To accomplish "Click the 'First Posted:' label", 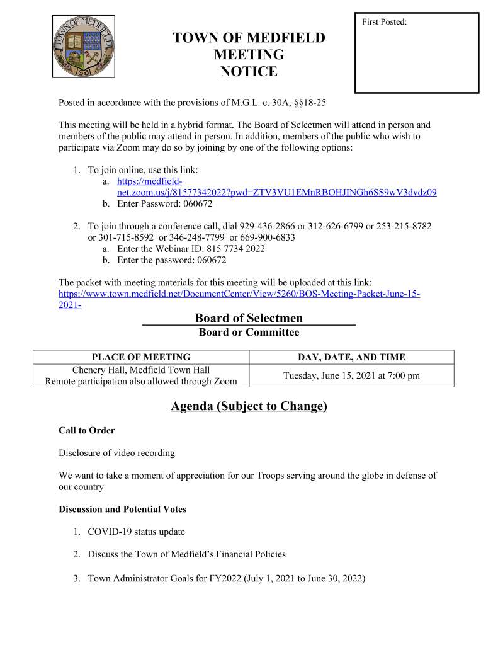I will tap(384, 23).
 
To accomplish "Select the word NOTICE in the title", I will tap(249, 72).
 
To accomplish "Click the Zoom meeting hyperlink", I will tap(277, 192).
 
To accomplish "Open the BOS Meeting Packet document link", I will tap(239, 294).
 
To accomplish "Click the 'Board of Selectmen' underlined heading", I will tap(249, 318).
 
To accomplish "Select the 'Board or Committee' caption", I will tap(249, 332).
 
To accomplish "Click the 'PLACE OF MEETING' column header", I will tap(141, 357).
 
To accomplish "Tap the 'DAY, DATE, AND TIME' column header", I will tap(351, 357).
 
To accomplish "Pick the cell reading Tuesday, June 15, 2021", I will tap(351, 376).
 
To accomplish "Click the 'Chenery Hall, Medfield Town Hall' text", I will tap(141, 370).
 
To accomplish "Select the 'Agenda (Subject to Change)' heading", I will tap(249, 406).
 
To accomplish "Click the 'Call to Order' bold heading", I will tap(87, 431).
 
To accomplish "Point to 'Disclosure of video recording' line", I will tap(116, 453).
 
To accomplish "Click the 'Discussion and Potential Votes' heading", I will tap(122, 509).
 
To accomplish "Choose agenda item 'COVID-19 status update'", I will tap(136, 532).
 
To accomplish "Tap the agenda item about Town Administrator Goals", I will tap(226, 578).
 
